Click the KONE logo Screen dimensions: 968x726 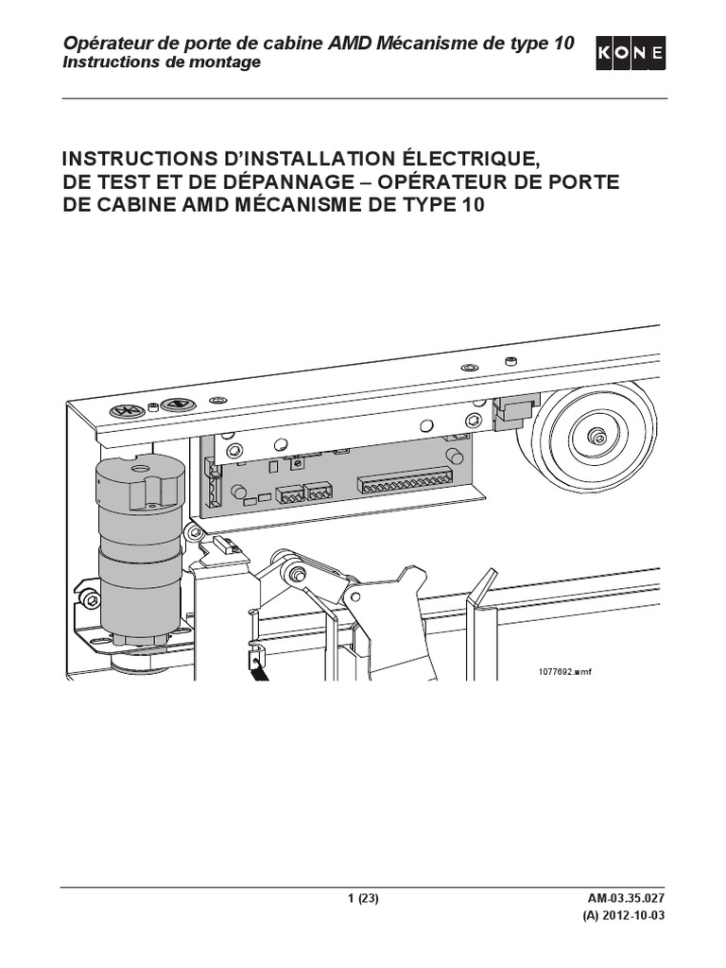pyautogui.click(x=631, y=55)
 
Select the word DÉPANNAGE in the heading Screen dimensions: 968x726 pyautogui.click(x=280, y=181)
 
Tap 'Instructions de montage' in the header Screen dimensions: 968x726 pyautogui.click(x=161, y=62)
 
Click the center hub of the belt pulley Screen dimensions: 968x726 pyautogui.click(x=596, y=437)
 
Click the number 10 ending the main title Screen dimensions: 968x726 pyautogui.click(x=470, y=207)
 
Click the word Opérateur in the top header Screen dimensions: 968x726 pyautogui.click(x=101, y=43)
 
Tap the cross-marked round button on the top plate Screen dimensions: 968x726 pyautogui.click(x=126, y=410)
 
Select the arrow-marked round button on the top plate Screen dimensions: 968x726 pyautogui.click(x=175, y=406)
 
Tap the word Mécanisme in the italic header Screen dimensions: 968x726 pyautogui.click(x=425, y=43)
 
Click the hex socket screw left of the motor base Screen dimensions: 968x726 pyautogui.click(x=89, y=599)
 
